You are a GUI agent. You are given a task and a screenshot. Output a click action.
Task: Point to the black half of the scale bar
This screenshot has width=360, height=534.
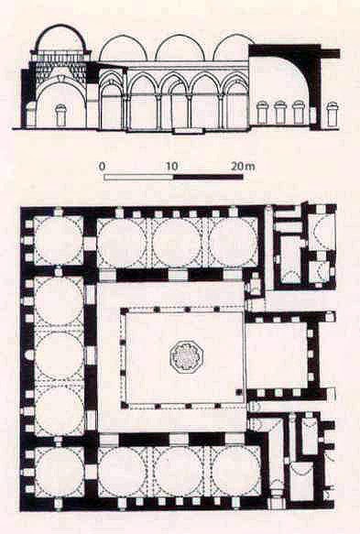tap(208, 176)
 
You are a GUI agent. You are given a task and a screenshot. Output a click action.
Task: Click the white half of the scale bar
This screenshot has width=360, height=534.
tap(137, 176)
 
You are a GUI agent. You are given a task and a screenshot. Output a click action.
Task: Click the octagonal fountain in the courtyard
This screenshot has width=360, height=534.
tap(185, 357)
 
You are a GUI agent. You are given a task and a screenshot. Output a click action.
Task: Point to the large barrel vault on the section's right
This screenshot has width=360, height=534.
tap(283, 78)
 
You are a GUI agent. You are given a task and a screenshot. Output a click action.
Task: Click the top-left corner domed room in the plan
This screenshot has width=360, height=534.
tap(60, 241)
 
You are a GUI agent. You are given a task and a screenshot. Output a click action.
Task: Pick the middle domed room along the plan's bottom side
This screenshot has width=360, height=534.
tap(179, 471)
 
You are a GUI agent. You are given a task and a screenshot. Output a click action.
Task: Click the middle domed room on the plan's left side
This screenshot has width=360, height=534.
tap(60, 356)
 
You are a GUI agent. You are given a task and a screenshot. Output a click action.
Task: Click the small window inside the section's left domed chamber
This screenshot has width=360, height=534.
tap(60, 115)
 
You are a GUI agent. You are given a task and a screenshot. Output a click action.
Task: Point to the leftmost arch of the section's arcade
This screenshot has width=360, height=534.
tap(112, 105)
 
